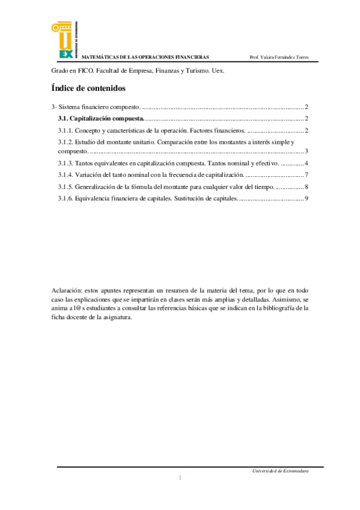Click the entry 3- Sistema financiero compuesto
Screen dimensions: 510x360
click(96, 106)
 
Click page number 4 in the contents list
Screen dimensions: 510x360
click(307, 163)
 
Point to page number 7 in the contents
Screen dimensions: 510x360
click(307, 174)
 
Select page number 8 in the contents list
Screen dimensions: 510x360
click(307, 186)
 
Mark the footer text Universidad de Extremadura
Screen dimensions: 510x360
click(281, 471)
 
